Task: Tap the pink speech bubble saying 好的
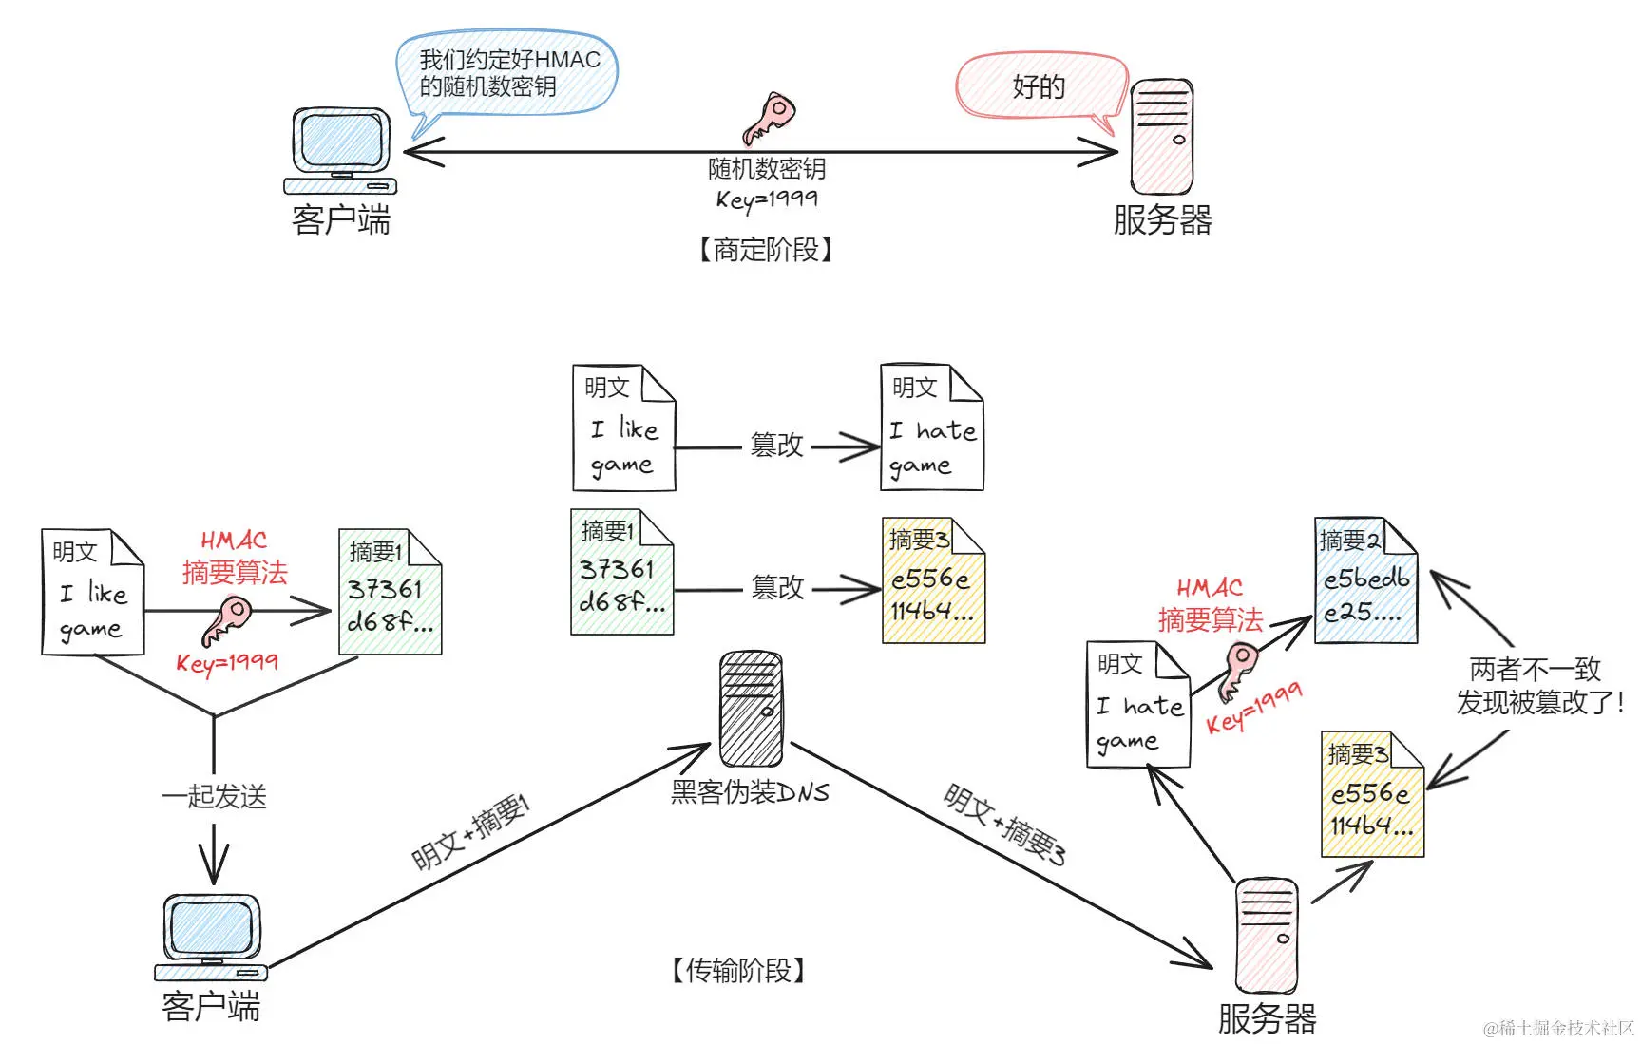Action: pos(1040,86)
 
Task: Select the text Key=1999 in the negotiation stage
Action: pos(766,199)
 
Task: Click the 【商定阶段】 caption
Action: pos(766,250)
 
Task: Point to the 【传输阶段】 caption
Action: pos(738,970)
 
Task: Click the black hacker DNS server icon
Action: pos(751,709)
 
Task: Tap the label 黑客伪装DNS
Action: pos(750,791)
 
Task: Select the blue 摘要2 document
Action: pos(1365,580)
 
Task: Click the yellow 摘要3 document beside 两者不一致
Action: pos(1372,794)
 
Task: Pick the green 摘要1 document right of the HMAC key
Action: pos(390,593)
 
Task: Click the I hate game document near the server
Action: pos(1138,704)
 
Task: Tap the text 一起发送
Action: pos(214,796)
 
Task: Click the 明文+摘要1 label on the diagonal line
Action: pos(470,831)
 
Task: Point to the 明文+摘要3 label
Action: pos(1004,825)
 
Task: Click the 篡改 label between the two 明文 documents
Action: pos(776,445)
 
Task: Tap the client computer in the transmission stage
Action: pos(211,937)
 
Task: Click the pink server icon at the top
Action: pos(1161,137)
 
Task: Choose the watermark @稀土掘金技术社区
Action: pos(1557,1028)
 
